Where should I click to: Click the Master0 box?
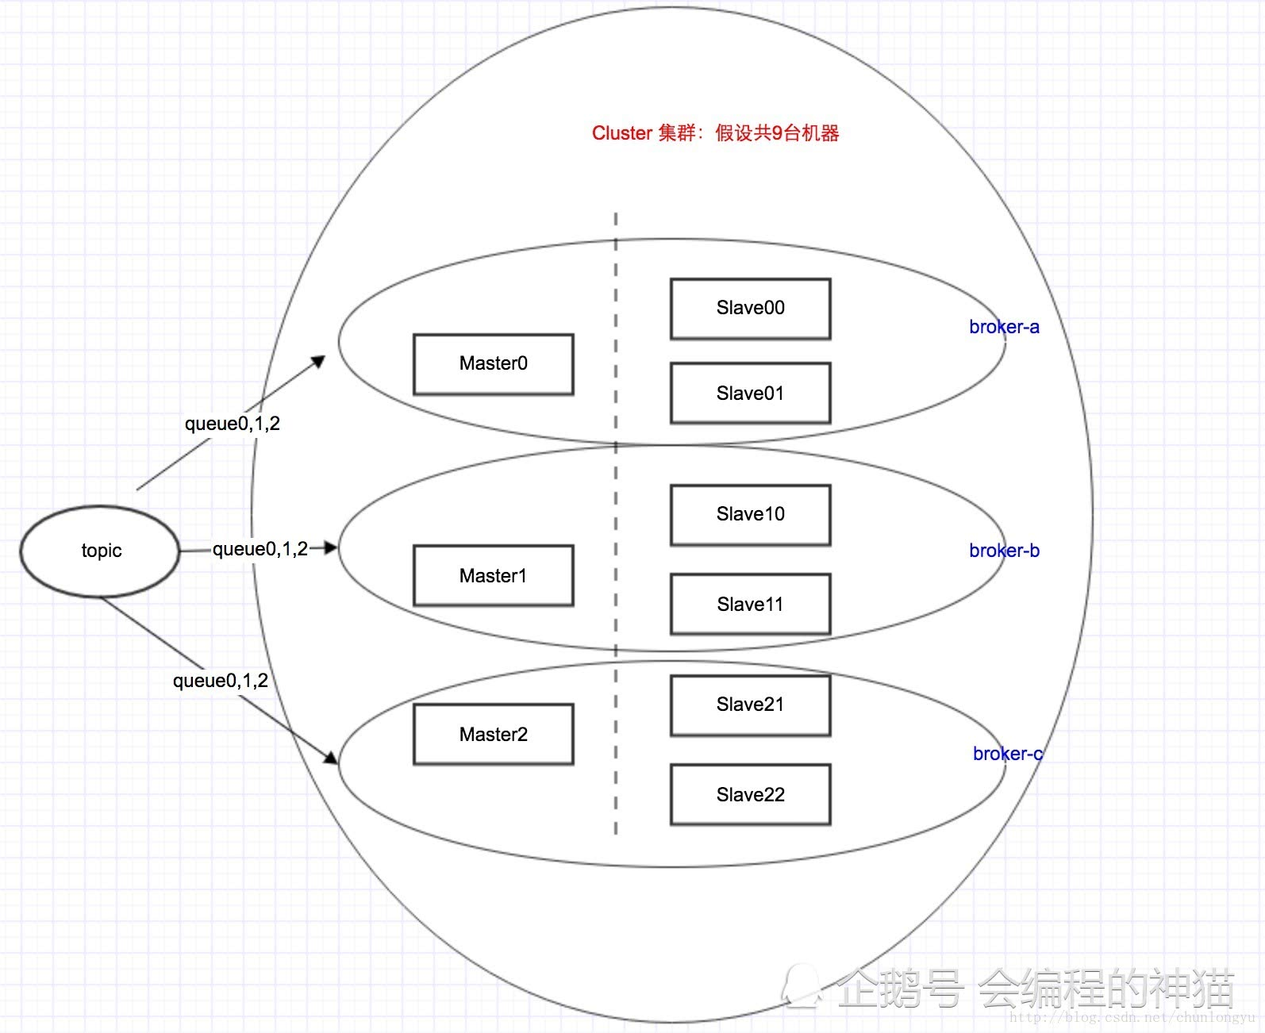[493, 364]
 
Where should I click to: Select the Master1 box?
[493, 576]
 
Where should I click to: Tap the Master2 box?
[493, 735]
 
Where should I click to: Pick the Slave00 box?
[750, 309]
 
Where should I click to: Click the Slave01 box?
[750, 394]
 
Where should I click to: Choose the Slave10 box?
[750, 515]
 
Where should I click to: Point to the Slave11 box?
[750, 605]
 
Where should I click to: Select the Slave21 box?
[750, 705]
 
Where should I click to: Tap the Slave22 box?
[750, 795]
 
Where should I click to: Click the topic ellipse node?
[100, 551]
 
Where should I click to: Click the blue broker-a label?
[1004, 327]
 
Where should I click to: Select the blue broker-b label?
[1004, 551]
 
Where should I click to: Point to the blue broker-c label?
[1007, 754]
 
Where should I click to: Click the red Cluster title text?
[715, 133]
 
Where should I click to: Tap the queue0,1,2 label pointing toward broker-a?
[233, 424]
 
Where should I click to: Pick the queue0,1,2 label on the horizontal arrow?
[260, 549]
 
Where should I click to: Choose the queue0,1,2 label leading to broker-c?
[221, 681]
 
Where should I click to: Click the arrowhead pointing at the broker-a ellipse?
[318, 362]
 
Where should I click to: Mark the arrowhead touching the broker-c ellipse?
[331, 758]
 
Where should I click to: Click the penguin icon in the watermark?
[803, 986]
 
